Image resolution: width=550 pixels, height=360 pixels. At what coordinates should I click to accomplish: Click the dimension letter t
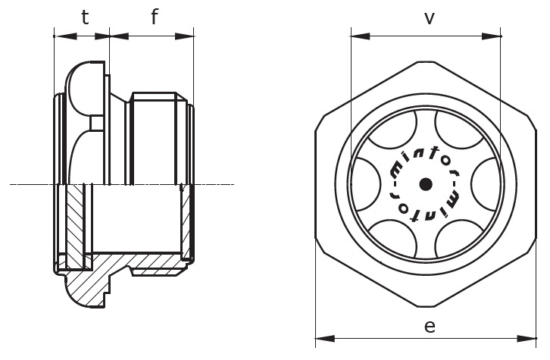(x=85, y=17)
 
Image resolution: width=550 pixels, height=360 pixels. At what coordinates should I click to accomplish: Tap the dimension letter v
(x=429, y=17)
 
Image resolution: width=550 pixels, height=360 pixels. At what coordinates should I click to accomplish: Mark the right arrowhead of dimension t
(x=105, y=35)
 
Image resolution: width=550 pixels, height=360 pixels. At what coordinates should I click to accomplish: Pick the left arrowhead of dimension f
(x=114, y=35)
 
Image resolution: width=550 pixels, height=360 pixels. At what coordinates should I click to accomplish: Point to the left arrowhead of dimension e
(x=320, y=339)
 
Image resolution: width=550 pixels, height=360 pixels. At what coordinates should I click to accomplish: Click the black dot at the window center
(x=426, y=183)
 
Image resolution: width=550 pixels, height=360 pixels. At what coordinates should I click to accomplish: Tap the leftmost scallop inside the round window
(x=367, y=183)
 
